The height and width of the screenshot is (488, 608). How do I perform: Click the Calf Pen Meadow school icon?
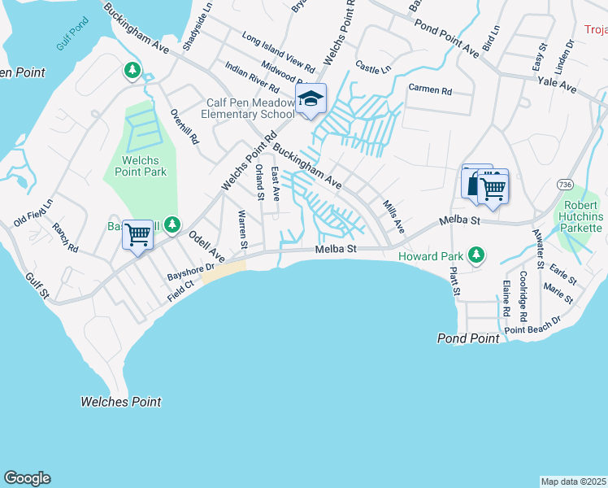coord(310,99)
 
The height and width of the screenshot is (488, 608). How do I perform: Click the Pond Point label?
coord(468,338)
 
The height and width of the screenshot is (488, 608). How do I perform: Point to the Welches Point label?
coord(121,402)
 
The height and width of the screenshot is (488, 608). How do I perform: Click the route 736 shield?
coord(566,185)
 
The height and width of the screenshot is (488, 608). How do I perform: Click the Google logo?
coord(27,478)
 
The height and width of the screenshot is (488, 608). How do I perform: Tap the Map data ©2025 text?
coord(572,481)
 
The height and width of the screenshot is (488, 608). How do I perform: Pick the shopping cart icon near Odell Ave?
coord(137,235)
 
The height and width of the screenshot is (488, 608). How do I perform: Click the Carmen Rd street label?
coord(430,89)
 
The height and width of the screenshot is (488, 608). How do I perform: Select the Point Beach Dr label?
coord(532,325)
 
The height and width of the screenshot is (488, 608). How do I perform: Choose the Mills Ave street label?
coord(393,218)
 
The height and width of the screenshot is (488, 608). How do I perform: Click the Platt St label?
coord(456,281)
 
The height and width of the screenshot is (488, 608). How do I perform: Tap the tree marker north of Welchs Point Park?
coord(132,71)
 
